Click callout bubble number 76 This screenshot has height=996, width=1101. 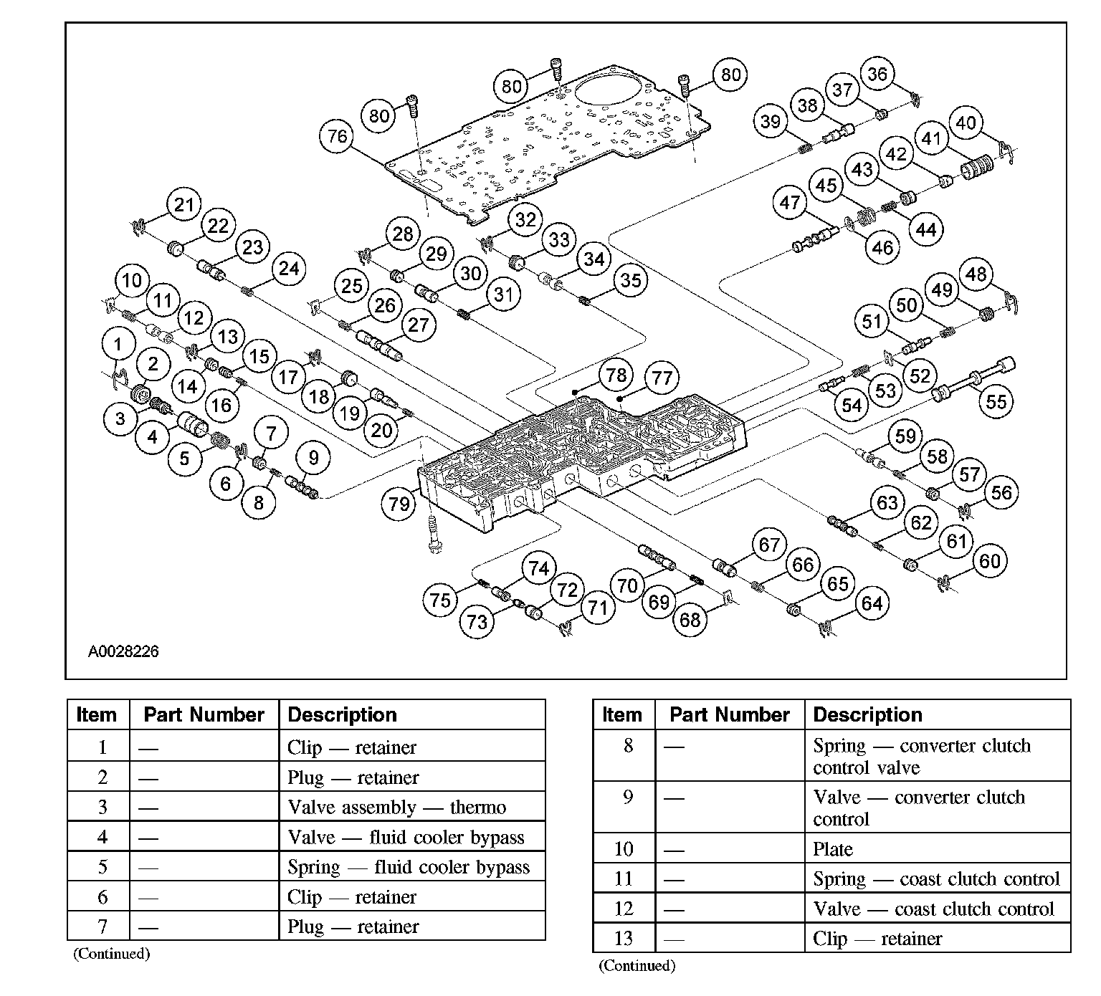click(x=337, y=136)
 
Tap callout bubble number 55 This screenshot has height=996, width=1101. click(x=996, y=401)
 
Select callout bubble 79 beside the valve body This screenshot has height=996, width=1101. click(x=399, y=503)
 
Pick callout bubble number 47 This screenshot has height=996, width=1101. click(x=790, y=203)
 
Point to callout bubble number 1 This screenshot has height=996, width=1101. click(x=118, y=345)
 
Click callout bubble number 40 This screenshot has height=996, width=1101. click(x=966, y=123)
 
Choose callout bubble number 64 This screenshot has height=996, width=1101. click(x=872, y=603)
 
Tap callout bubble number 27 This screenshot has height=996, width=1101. click(x=418, y=325)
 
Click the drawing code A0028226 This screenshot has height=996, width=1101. click(x=123, y=651)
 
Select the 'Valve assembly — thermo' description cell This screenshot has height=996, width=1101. click(x=396, y=808)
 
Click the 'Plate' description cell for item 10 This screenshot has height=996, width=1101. click(x=833, y=849)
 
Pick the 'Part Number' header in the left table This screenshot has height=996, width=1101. click(x=204, y=714)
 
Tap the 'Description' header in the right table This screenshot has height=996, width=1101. click(x=867, y=714)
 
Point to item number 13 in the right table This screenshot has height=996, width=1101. click(x=624, y=938)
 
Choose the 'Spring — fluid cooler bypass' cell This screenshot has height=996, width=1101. click(x=409, y=867)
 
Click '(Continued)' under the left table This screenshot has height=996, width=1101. click(x=111, y=954)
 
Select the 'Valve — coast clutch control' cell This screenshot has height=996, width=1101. click(x=933, y=909)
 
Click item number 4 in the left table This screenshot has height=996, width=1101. click(x=103, y=837)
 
